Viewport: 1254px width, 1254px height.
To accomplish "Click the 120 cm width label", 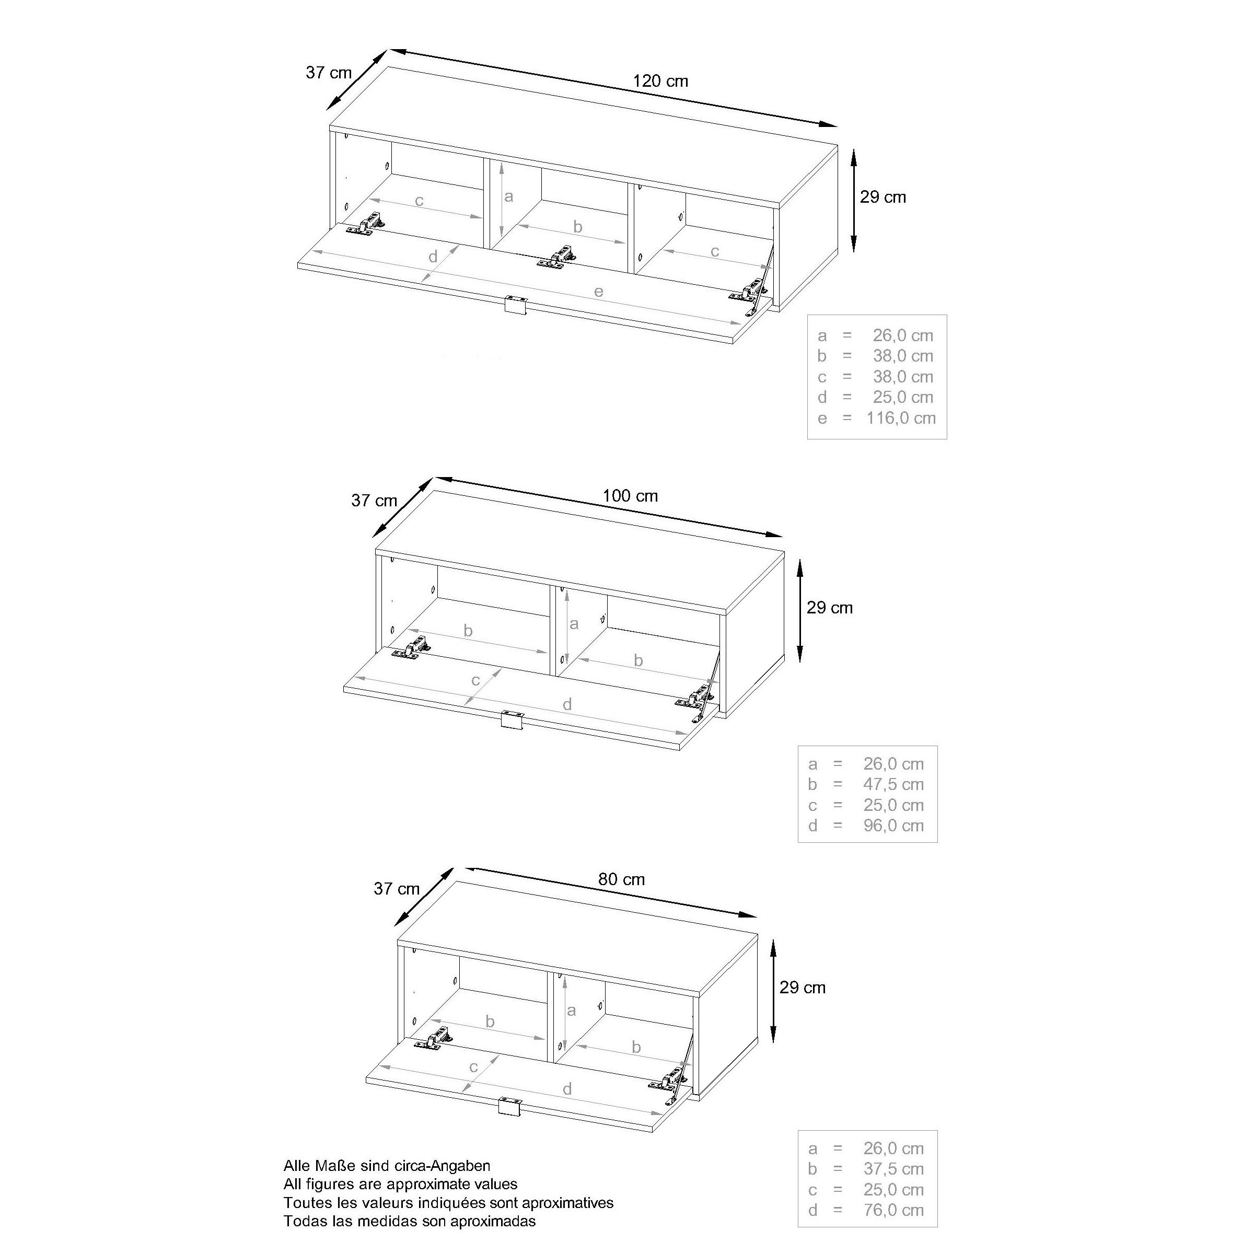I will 660,81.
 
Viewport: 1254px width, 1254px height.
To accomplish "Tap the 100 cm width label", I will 630,496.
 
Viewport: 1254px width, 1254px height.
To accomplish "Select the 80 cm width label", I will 621,879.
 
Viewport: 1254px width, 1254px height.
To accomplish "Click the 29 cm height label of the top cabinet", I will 882,198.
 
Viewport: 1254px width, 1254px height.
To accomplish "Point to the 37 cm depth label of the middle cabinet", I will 374,501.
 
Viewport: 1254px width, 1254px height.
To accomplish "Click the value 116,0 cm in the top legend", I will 901,418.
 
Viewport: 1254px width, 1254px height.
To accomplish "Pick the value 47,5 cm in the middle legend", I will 893,784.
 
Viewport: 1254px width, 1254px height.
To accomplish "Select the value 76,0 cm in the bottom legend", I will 893,1210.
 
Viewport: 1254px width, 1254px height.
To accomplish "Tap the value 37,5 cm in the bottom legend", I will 893,1168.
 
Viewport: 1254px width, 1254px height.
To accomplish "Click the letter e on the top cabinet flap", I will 598,292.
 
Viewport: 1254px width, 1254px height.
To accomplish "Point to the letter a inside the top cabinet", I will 509,196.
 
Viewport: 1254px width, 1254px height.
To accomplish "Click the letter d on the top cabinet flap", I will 433,257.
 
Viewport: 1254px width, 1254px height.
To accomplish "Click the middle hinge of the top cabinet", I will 558,256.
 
